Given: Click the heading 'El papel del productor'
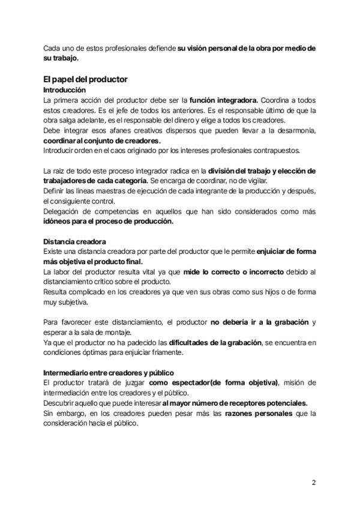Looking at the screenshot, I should (x=85, y=79).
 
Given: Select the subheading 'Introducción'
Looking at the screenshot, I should (x=65, y=89).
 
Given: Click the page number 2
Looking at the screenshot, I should (x=313, y=482).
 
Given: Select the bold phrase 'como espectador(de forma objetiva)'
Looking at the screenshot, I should (x=214, y=383).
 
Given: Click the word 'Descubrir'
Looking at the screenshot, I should (x=62, y=403).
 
